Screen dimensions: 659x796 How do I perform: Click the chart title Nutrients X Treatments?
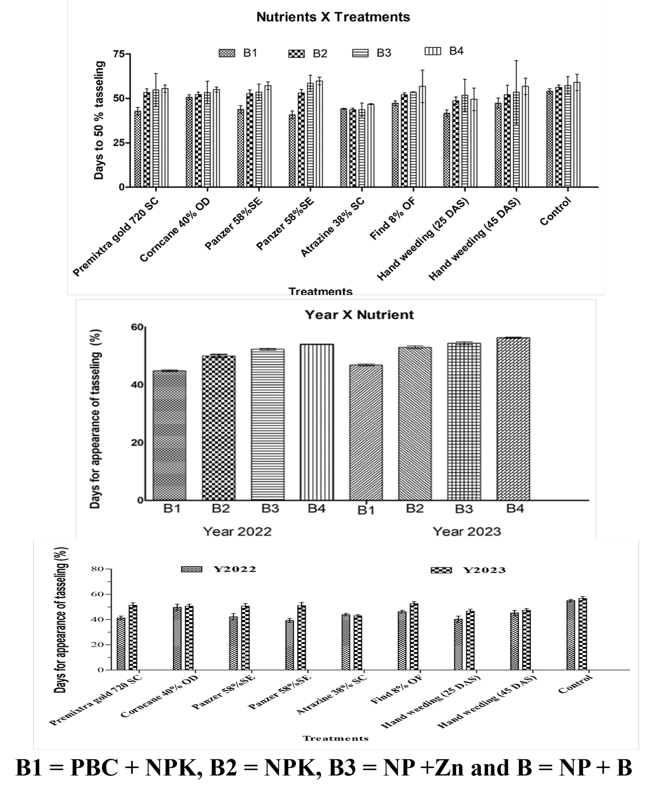[x=333, y=17]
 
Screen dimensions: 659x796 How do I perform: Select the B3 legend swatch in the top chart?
[x=360, y=53]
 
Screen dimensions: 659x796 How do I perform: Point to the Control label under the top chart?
[x=555, y=211]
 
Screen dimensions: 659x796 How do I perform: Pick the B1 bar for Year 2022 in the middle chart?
[x=169, y=435]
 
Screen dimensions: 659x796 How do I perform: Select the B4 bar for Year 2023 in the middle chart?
[x=513, y=419]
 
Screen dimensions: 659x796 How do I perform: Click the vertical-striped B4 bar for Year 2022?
[x=317, y=422]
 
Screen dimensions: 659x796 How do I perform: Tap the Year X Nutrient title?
[x=359, y=314]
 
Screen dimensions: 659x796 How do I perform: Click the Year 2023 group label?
[x=467, y=531]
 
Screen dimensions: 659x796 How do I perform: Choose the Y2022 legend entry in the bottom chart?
[x=219, y=569]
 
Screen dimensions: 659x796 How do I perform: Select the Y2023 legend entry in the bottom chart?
[x=468, y=570]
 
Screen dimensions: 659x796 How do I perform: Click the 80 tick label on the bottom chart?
[x=98, y=569]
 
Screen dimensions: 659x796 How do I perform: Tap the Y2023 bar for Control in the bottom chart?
[x=583, y=634]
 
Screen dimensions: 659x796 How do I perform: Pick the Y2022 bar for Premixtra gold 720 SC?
[x=121, y=644]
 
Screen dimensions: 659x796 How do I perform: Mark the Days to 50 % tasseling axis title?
[x=99, y=120]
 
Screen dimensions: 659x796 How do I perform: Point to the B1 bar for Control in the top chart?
[x=549, y=139]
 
